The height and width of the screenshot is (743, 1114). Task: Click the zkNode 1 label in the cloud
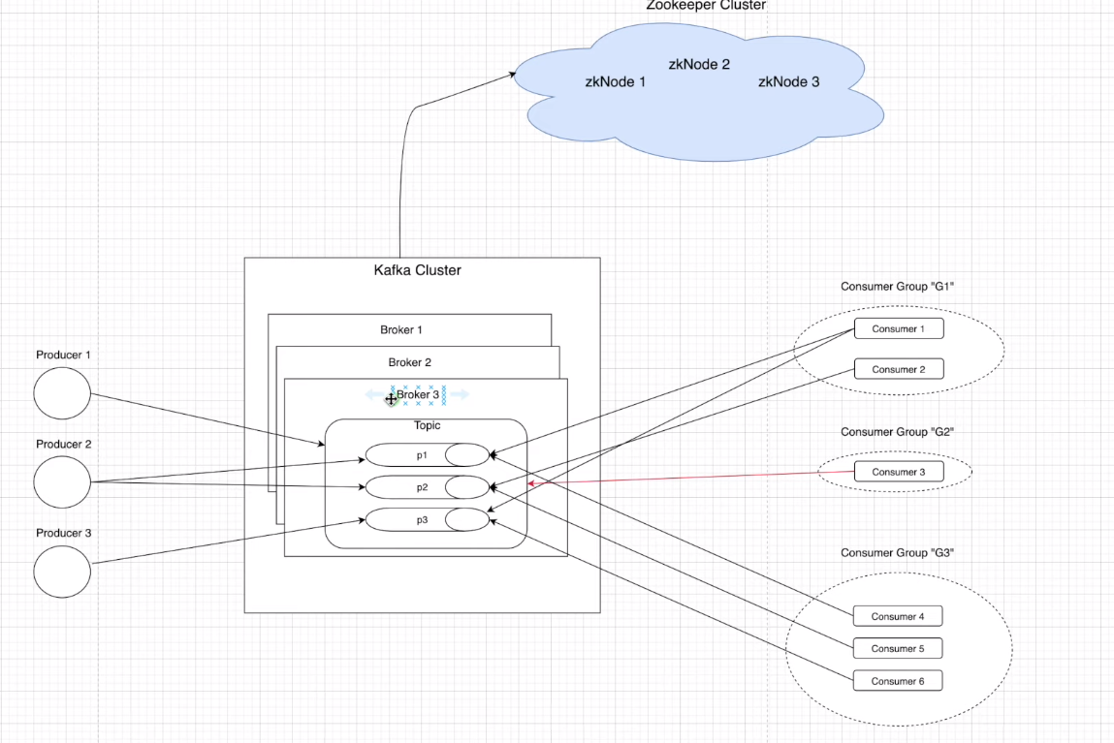pyautogui.click(x=615, y=82)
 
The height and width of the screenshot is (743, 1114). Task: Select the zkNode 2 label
pyautogui.click(x=699, y=64)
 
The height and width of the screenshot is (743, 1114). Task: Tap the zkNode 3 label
pyautogui.click(x=788, y=82)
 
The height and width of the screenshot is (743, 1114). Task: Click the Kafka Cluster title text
pyautogui.click(x=417, y=270)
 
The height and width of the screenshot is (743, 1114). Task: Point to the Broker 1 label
pyautogui.click(x=400, y=330)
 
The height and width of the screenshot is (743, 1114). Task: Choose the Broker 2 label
pyautogui.click(x=409, y=362)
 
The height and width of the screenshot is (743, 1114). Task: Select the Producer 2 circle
pyautogui.click(x=62, y=481)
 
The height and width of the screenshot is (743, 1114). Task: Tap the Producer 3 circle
pyautogui.click(x=62, y=571)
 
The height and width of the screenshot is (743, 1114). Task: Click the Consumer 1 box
pyautogui.click(x=898, y=329)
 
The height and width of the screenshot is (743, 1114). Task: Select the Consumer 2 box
pyautogui.click(x=898, y=369)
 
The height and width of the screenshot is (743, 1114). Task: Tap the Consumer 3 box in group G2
pyautogui.click(x=898, y=472)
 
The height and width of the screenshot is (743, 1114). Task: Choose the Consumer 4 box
pyautogui.click(x=897, y=616)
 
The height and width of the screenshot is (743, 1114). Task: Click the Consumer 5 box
pyautogui.click(x=897, y=648)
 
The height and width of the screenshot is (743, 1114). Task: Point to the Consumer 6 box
pyautogui.click(x=897, y=681)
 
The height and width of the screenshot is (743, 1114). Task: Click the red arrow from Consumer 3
pyautogui.click(x=688, y=478)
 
